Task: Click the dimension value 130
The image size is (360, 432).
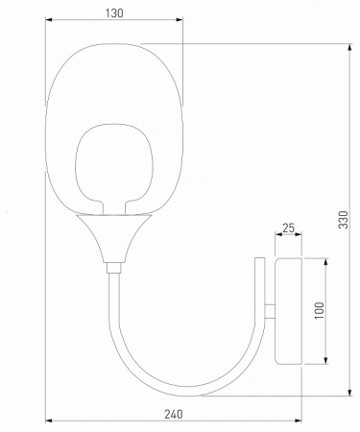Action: pyautogui.click(x=114, y=14)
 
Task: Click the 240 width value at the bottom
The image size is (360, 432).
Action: pyautogui.click(x=174, y=414)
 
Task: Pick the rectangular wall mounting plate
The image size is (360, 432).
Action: pyautogui.click(x=289, y=309)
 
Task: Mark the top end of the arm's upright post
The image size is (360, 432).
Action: pyautogui.click(x=257, y=259)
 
